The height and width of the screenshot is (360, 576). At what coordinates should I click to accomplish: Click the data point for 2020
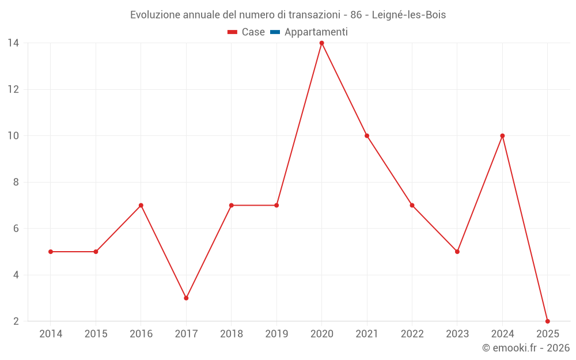pos(321,43)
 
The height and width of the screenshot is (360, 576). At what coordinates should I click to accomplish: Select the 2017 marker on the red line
pos(186,298)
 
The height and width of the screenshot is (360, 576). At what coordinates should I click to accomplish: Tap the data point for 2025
pos(547,321)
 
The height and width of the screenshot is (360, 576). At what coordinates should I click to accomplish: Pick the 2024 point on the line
pos(502,136)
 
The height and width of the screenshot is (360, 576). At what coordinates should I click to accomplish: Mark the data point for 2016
pos(141,205)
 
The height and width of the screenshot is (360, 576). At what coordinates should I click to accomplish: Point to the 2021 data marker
pos(367,136)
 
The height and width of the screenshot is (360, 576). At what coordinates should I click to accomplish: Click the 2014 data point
pos(51,252)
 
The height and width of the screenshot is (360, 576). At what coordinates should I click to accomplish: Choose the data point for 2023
pos(457,252)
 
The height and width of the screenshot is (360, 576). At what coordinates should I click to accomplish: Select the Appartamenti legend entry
pos(316,32)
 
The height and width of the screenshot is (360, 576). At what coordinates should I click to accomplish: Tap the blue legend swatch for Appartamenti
pos(275,32)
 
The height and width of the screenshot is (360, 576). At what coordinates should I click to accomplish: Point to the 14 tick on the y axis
pos(13,43)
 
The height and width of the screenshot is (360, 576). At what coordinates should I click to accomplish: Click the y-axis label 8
pos(16,182)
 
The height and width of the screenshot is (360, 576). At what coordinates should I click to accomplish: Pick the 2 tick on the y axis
pos(16,321)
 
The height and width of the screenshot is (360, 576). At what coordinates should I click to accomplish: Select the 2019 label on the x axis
pos(276,334)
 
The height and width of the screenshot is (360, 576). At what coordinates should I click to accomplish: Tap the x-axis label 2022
pos(412,334)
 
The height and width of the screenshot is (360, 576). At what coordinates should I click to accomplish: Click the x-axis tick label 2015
pos(96,334)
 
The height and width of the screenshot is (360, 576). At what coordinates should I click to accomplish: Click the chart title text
pos(287,15)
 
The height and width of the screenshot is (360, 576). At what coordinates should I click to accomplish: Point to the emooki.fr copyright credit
pos(525,348)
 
